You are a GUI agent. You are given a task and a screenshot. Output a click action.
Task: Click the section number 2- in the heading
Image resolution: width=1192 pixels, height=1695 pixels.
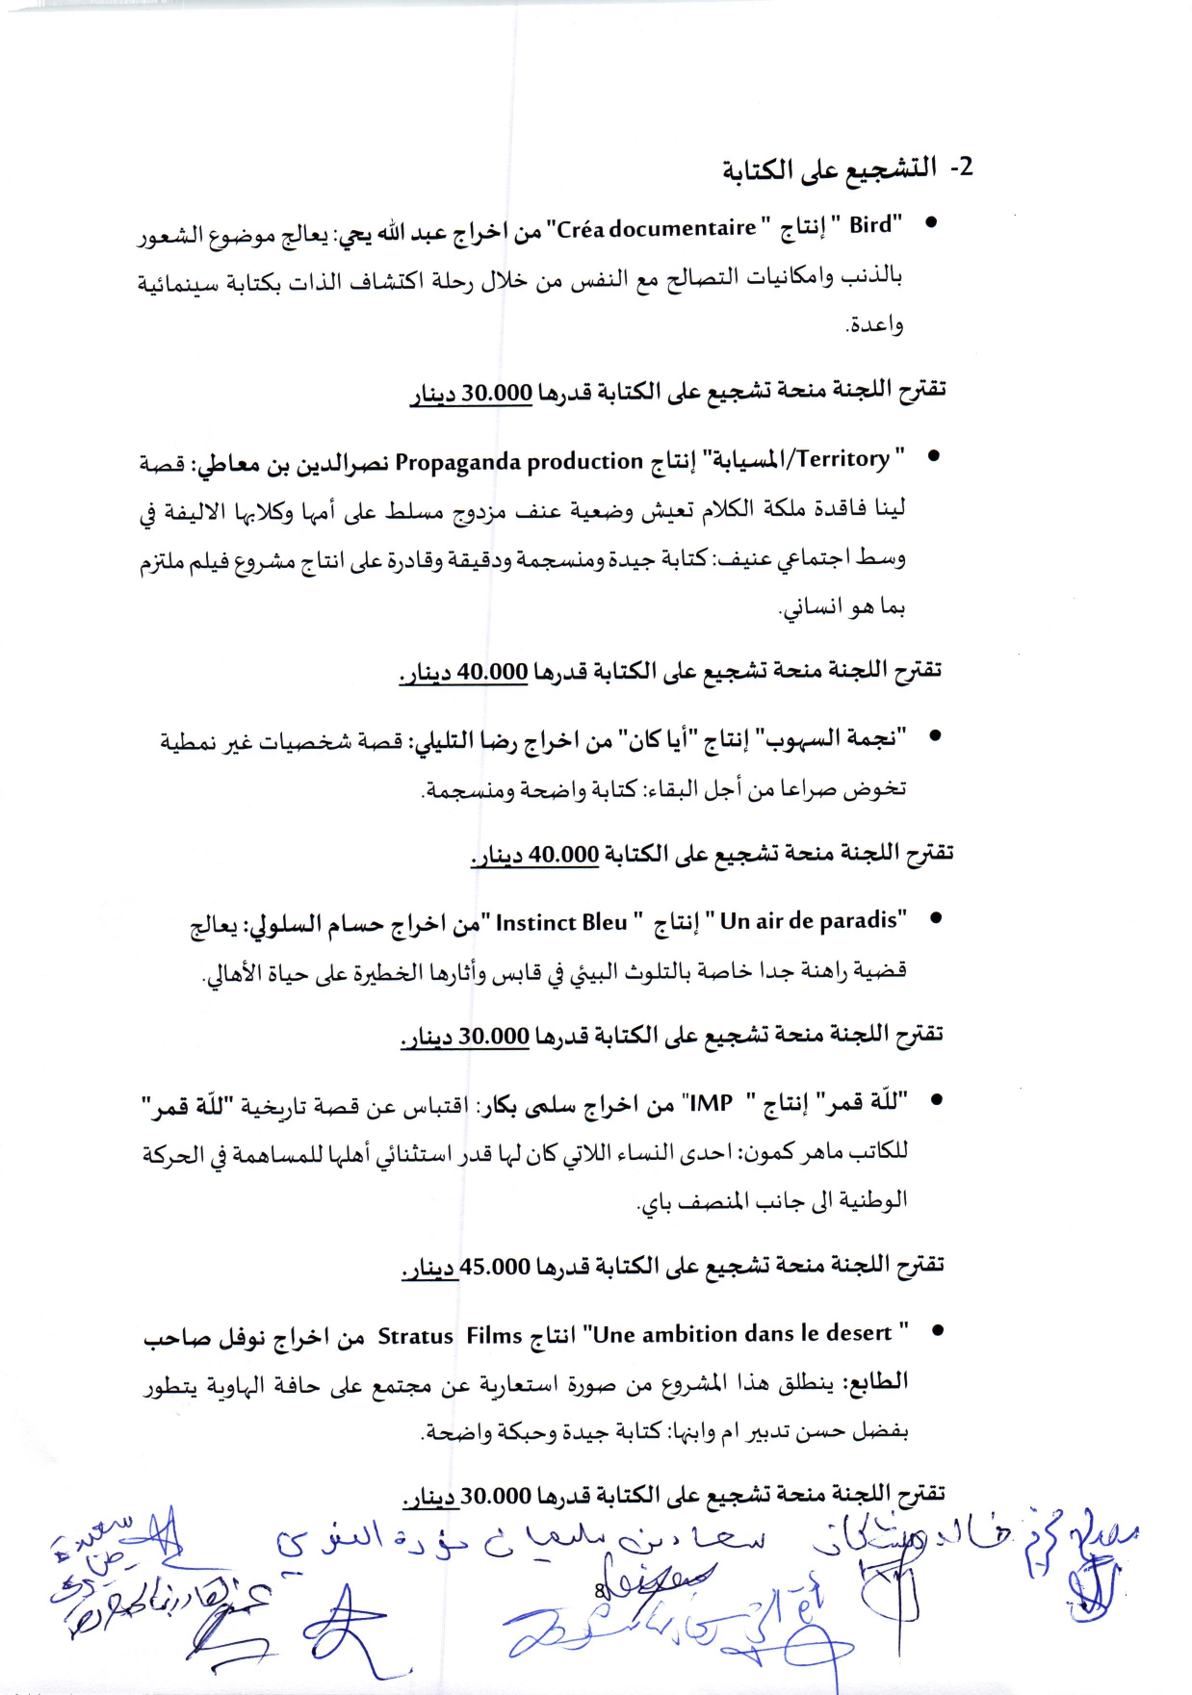(x=961, y=167)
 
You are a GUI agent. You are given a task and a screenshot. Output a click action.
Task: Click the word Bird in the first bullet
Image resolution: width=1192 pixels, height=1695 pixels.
(x=870, y=225)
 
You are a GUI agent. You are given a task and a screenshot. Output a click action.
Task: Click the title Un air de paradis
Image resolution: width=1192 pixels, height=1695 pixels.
(x=809, y=921)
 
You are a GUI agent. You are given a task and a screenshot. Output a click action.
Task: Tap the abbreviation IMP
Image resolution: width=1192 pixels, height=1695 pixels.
(x=712, y=1103)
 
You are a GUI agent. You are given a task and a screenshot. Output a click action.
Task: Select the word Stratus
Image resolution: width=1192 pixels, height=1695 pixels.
(x=415, y=1336)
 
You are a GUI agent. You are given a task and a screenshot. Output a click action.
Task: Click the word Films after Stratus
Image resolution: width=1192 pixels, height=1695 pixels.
(x=494, y=1336)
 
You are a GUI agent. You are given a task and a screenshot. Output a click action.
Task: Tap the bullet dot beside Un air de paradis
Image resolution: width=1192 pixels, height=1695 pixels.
(x=933, y=918)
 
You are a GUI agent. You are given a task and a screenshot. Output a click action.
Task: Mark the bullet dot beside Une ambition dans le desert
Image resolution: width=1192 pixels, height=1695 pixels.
(x=935, y=1331)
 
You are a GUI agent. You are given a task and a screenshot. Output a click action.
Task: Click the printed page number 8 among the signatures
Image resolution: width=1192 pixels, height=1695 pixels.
(x=598, y=1591)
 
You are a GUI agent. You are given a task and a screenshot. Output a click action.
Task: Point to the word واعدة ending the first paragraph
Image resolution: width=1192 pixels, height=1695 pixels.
(x=875, y=325)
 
